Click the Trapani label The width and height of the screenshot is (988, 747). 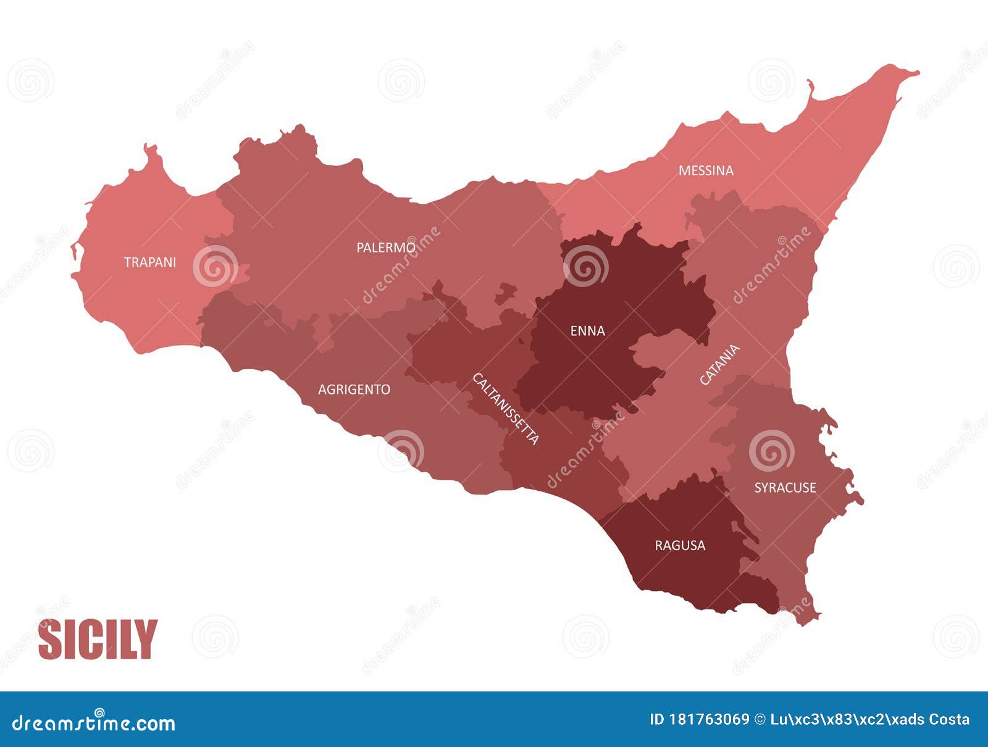(150, 262)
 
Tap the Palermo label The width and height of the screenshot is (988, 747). (386, 248)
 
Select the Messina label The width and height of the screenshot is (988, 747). (706, 170)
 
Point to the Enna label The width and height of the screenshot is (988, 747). (587, 331)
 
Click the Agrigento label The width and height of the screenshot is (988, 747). (354, 390)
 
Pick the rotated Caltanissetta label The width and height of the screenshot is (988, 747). (506, 409)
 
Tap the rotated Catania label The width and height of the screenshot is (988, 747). (719, 365)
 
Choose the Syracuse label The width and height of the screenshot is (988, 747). (785, 488)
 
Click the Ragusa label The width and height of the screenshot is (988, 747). (680, 546)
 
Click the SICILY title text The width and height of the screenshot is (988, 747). (98, 640)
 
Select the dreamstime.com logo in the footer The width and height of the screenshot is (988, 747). (94, 722)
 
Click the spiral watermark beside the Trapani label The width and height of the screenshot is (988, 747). (215, 266)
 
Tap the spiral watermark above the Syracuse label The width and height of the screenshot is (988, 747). (771, 451)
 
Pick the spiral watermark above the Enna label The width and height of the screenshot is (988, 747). (585, 266)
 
